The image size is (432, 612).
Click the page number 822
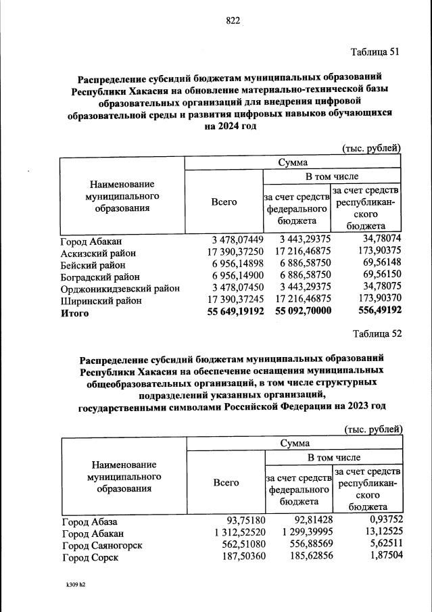233,21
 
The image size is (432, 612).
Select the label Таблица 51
376,53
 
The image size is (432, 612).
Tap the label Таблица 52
377,333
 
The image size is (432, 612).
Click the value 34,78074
382,240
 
